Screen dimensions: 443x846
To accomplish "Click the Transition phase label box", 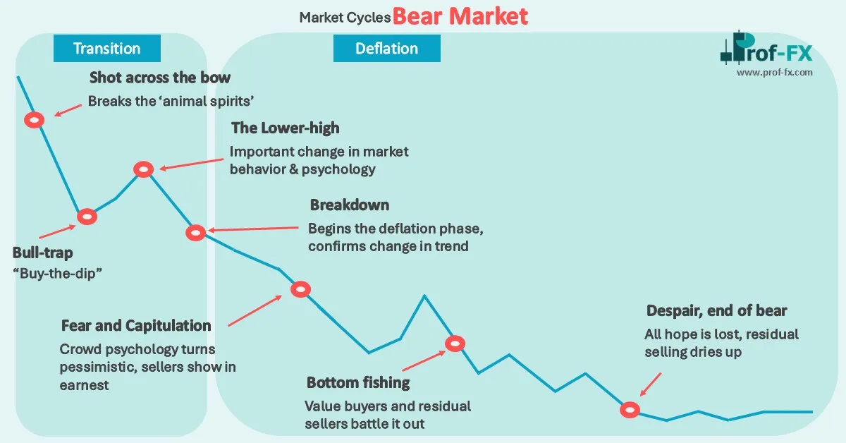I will tap(106, 49).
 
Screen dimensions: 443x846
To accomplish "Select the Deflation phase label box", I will tap(386, 49).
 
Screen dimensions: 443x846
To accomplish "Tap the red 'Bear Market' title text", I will tap(460, 16).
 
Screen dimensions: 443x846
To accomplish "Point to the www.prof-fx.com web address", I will tap(775, 72).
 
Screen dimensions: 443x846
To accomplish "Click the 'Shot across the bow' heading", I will tap(160, 78).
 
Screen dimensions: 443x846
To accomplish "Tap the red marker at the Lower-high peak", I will tap(143, 169).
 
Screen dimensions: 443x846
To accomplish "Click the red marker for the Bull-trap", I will tap(86, 217).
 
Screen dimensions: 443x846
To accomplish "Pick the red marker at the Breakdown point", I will tap(196, 232).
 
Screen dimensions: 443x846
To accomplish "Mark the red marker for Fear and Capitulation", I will tap(300, 289).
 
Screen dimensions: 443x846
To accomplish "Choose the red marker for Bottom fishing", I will tap(455, 344).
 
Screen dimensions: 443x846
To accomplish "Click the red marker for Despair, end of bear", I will tap(629, 409).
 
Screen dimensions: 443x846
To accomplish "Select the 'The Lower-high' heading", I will tap(285, 128).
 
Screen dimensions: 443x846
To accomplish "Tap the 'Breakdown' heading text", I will tap(349, 205).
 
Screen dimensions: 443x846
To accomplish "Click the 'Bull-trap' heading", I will tap(42, 253).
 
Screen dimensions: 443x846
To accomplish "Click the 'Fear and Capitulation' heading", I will tap(136, 326).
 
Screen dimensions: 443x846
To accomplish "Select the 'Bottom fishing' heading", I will tap(358, 383).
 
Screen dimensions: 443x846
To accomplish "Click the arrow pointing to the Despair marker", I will tap(649, 385).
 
